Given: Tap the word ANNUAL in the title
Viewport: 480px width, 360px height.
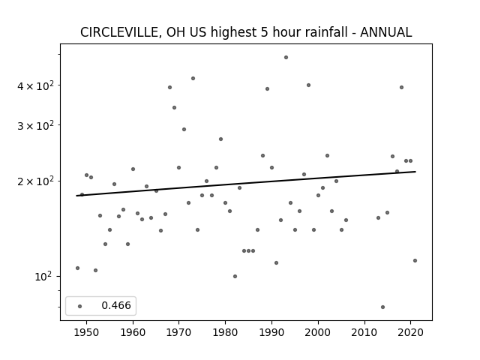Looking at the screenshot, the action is click(385, 32).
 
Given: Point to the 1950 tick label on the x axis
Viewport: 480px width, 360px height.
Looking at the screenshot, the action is click(86, 332).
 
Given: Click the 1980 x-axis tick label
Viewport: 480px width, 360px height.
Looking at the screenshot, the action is click(225, 332).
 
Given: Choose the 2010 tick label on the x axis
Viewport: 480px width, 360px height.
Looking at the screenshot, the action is click(364, 332).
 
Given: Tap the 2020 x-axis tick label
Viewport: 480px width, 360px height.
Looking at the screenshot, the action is click(410, 332).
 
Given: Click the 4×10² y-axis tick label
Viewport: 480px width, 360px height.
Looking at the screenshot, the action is click(35, 85).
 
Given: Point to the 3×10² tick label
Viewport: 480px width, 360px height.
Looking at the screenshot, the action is click(35, 125).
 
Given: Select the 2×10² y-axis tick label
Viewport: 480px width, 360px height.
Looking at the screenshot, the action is click(35, 181).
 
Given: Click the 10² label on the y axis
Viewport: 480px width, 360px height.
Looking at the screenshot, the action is click(43, 277).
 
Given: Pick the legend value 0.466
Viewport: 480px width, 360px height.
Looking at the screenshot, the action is click(116, 305).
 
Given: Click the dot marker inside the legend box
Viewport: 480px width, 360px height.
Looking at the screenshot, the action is click(80, 306).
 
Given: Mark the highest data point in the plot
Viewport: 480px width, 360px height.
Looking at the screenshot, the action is click(286, 57).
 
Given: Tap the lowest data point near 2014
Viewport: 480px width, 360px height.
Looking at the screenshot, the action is click(382, 307).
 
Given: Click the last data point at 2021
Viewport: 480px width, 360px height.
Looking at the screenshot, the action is click(415, 260).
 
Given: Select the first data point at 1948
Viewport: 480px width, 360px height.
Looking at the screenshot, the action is click(77, 268).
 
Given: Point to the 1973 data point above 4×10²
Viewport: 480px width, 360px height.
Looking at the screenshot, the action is click(193, 78).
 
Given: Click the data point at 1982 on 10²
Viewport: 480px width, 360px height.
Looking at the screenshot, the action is click(235, 277).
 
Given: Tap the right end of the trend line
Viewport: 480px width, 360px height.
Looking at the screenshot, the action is click(415, 172).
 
